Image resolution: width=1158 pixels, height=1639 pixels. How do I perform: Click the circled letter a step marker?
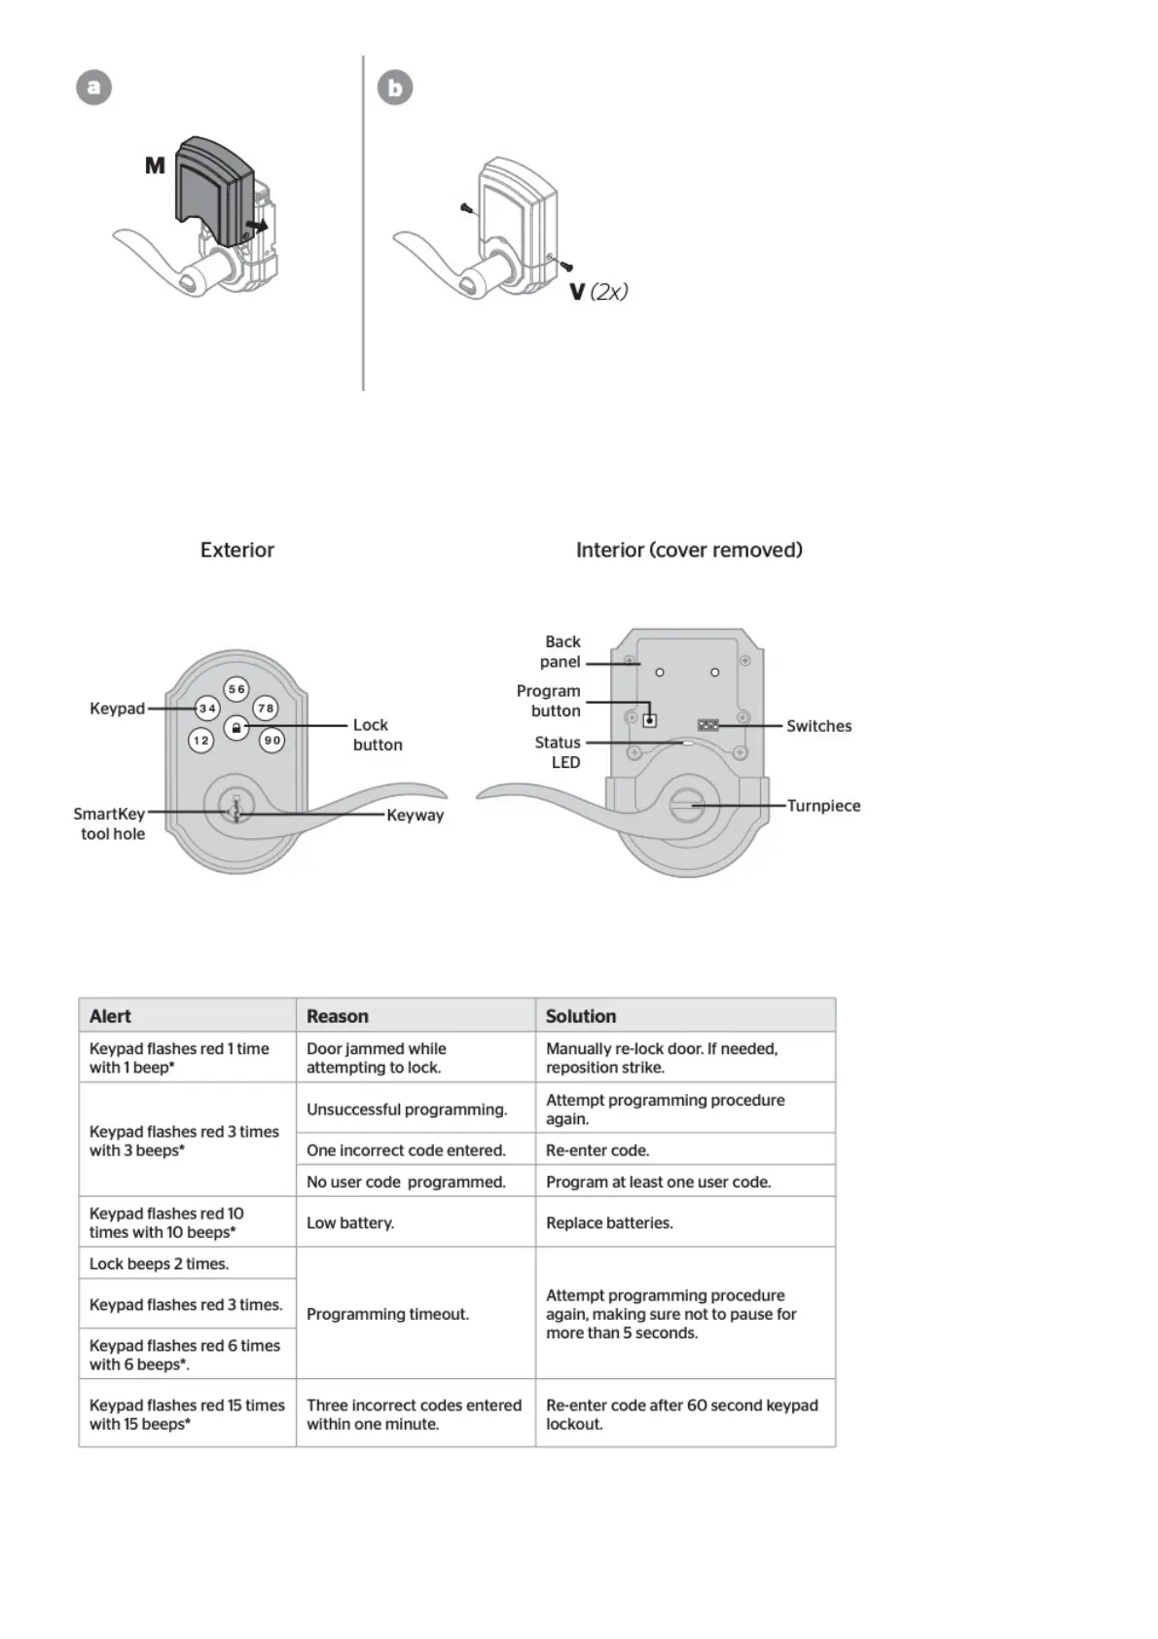click(94, 88)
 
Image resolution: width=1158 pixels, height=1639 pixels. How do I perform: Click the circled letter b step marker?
click(395, 88)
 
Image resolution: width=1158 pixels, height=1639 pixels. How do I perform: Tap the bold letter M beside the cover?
click(155, 165)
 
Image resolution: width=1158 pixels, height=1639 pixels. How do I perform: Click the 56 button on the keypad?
click(236, 689)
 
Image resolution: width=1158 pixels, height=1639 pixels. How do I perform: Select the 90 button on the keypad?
click(272, 741)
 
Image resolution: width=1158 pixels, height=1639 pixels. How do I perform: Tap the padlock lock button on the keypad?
click(236, 727)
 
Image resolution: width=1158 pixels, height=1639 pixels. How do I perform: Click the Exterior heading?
click(237, 550)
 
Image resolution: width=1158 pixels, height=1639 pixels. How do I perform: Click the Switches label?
click(818, 726)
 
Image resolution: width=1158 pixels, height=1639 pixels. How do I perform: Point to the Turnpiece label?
click(823, 806)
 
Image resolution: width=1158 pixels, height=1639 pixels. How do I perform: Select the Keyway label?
click(415, 816)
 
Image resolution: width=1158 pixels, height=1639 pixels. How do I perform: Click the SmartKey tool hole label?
click(110, 823)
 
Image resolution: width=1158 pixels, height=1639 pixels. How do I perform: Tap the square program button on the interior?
click(649, 720)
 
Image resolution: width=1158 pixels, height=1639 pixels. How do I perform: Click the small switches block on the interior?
click(708, 725)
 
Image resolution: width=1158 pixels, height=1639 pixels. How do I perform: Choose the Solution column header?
click(581, 1016)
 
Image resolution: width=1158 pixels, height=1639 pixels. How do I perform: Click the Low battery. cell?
click(350, 1222)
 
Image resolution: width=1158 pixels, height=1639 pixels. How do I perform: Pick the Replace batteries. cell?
click(609, 1222)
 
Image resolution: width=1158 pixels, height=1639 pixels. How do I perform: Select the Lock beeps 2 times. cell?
click(159, 1263)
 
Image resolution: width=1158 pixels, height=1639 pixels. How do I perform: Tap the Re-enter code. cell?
click(597, 1149)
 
